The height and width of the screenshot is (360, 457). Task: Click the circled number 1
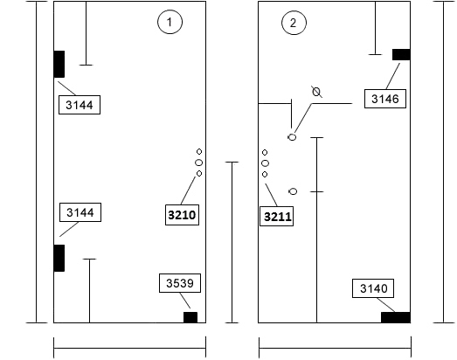tap(170, 22)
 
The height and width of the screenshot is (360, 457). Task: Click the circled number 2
tap(294, 23)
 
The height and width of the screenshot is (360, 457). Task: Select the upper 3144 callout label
tap(80, 105)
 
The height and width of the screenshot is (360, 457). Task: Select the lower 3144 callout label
tap(80, 212)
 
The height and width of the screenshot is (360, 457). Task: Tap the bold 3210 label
tap(182, 215)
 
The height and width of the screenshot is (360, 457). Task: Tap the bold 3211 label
tap(277, 217)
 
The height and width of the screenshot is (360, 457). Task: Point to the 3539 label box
tap(180, 283)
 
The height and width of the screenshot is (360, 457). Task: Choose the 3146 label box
tap(385, 99)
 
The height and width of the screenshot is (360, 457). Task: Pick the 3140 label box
tap(373, 288)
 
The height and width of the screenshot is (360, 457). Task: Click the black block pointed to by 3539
tap(190, 317)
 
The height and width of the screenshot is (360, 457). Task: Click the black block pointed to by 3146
tap(401, 54)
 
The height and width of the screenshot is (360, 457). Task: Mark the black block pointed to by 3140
tap(396, 317)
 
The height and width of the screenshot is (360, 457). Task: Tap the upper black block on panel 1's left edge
tap(59, 64)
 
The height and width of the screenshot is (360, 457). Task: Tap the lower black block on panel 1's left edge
tap(59, 258)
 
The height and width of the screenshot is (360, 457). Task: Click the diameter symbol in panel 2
tap(316, 92)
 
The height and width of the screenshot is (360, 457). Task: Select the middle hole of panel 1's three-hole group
tap(198, 163)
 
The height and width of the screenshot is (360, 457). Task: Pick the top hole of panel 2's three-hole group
tap(265, 152)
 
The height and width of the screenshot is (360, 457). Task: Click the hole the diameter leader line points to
tap(292, 137)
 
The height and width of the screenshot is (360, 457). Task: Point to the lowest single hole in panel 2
tap(293, 191)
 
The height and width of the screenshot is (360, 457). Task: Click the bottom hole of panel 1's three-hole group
tap(199, 173)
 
